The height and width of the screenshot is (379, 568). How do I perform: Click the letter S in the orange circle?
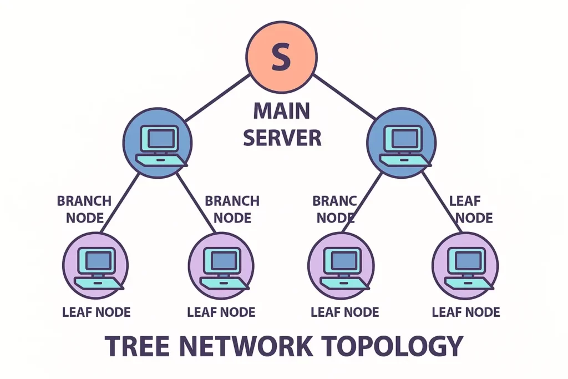[281, 58]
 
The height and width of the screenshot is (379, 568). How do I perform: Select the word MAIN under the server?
[282, 111]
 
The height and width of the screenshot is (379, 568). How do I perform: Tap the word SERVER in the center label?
[282, 137]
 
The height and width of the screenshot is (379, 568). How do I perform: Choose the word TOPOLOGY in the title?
[394, 346]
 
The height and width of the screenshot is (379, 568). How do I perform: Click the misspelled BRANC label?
[334, 200]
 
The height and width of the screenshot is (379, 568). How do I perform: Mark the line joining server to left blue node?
[216, 98]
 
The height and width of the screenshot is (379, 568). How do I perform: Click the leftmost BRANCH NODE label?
[84, 209]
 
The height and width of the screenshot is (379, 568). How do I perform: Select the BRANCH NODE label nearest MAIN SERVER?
[232, 209]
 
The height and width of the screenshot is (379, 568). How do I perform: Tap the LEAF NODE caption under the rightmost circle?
[465, 312]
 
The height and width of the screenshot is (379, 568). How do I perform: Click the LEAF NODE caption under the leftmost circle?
[96, 312]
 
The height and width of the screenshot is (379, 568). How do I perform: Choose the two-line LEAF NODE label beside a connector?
[470, 209]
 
